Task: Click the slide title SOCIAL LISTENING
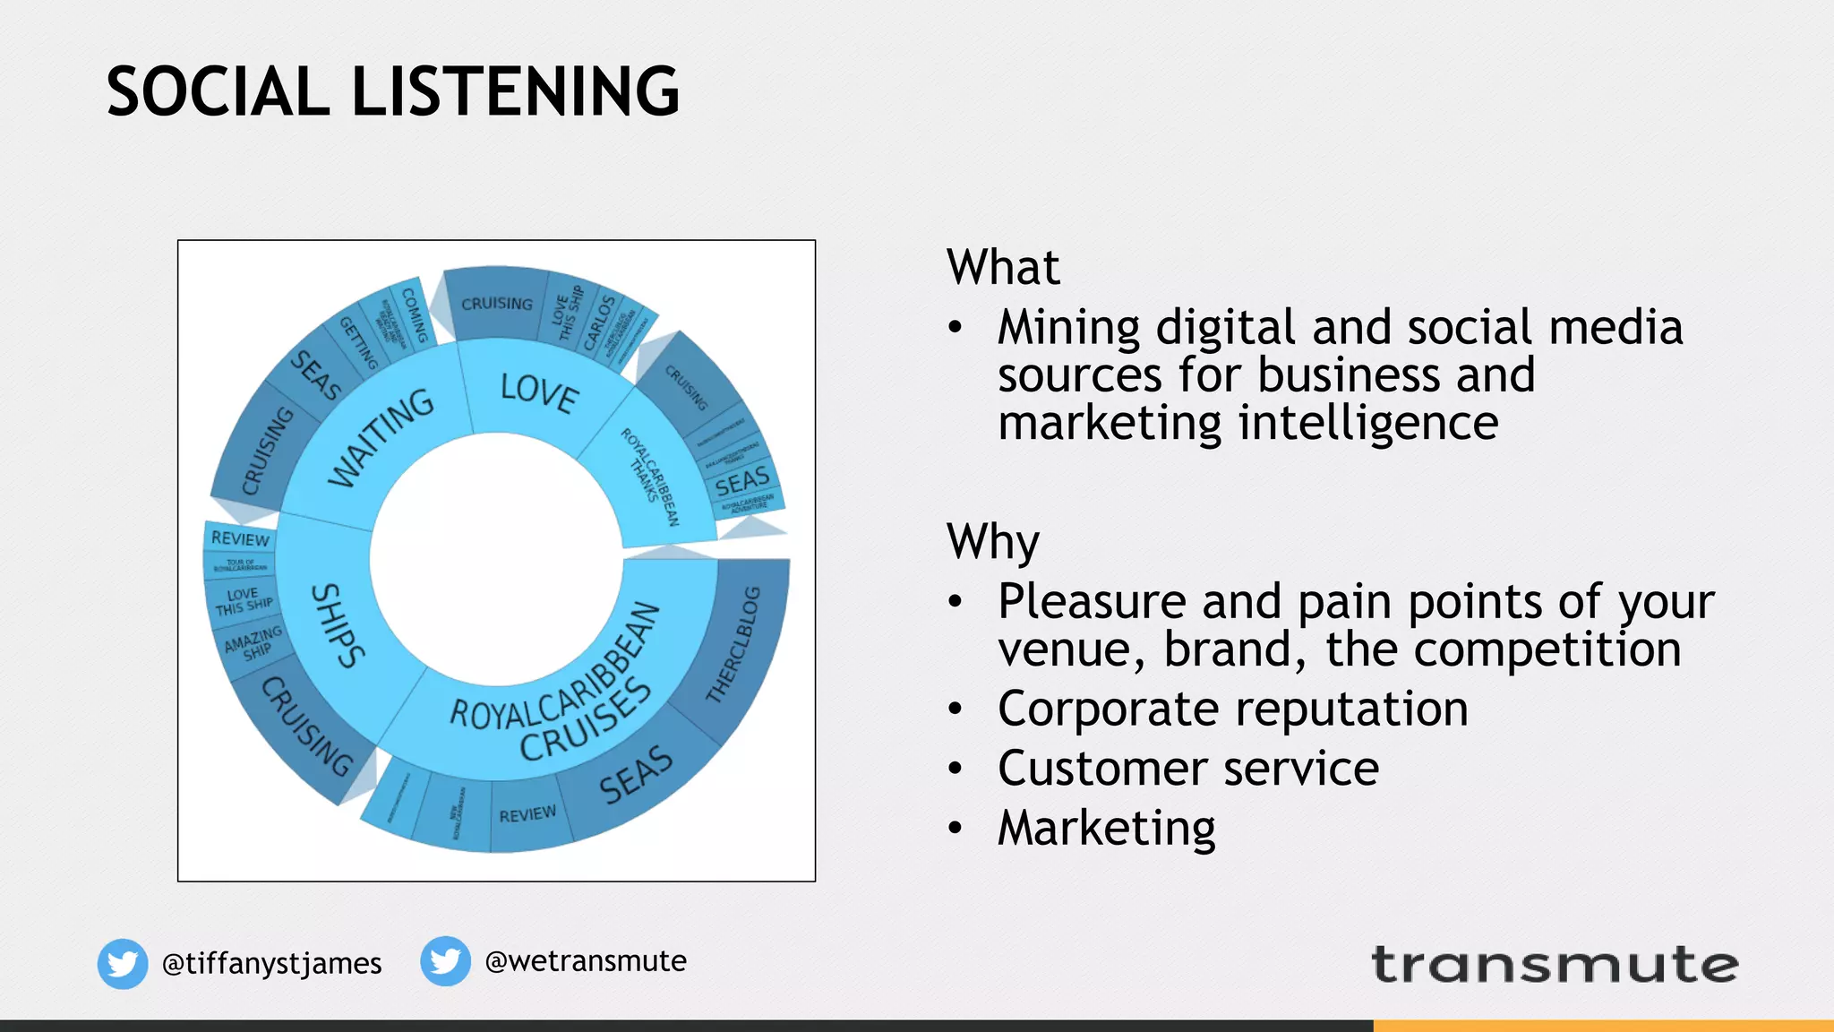pyautogui.click(x=392, y=91)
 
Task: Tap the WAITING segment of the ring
pyautogui.click(x=381, y=438)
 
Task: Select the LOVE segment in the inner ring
pyautogui.click(x=539, y=392)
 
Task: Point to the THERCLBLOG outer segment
pyautogui.click(x=734, y=645)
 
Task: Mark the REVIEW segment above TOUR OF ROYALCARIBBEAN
pyautogui.click(x=240, y=538)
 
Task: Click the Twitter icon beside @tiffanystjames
pyautogui.click(x=123, y=964)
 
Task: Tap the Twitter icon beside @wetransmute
pyautogui.click(x=445, y=961)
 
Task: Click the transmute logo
pyautogui.click(x=1555, y=965)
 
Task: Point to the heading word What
pyautogui.click(x=1003, y=267)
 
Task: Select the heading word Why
pyautogui.click(x=993, y=541)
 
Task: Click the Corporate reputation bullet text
pyautogui.click(x=1232, y=709)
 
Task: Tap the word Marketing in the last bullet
pyautogui.click(x=1107, y=828)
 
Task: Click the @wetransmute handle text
pyautogui.click(x=586, y=961)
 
